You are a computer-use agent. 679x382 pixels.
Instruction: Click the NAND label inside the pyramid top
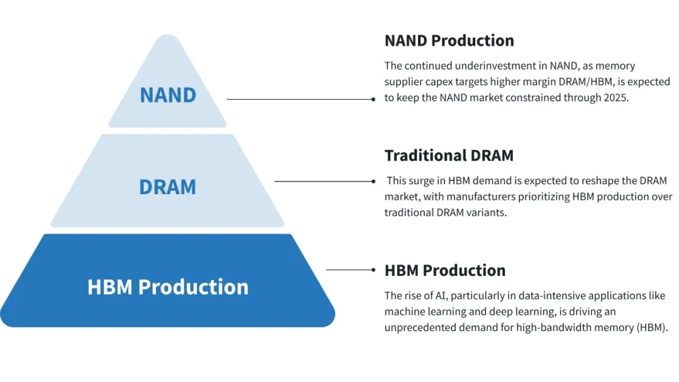pyautogui.click(x=168, y=95)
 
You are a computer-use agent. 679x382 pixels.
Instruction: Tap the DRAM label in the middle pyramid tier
pyautogui.click(x=168, y=187)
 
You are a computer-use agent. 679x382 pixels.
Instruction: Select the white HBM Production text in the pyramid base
pyautogui.click(x=168, y=286)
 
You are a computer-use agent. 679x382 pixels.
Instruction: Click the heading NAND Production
pyautogui.click(x=449, y=41)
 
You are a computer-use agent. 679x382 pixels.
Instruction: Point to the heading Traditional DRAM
pyautogui.click(x=449, y=155)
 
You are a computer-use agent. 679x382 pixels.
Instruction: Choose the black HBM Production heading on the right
pyautogui.click(x=445, y=270)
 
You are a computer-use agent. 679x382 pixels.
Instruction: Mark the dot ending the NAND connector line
pyautogui.click(x=373, y=99)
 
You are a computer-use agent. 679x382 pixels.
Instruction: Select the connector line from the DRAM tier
pyautogui.click(x=324, y=182)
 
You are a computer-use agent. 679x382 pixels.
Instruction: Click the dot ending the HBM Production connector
pyautogui.click(x=373, y=270)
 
